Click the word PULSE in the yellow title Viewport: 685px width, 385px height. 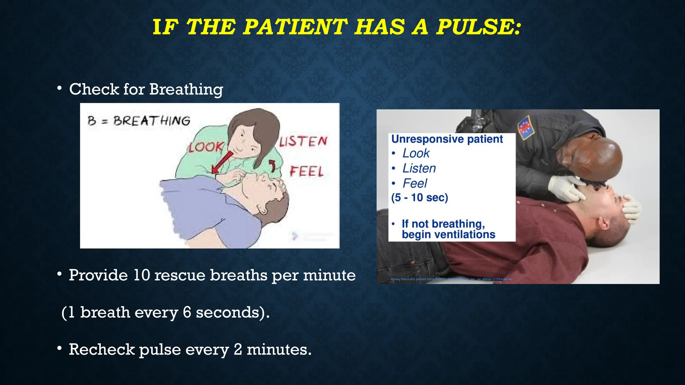click(x=478, y=27)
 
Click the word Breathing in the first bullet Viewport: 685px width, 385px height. click(x=186, y=89)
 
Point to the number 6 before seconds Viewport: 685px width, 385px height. click(x=187, y=312)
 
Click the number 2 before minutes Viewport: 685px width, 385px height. click(x=238, y=349)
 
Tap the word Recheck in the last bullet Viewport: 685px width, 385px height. click(x=101, y=349)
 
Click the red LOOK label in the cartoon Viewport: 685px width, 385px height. click(x=205, y=147)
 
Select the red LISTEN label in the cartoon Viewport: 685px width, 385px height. click(x=303, y=141)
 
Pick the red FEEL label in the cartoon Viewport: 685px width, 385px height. click(x=306, y=171)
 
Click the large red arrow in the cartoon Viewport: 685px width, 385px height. click(x=222, y=162)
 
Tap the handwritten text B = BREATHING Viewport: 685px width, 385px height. click(x=139, y=121)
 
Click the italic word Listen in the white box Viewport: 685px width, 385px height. click(x=419, y=168)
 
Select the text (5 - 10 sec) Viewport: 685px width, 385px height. click(x=419, y=198)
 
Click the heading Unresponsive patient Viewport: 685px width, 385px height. click(x=447, y=139)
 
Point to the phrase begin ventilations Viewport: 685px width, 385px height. click(x=448, y=235)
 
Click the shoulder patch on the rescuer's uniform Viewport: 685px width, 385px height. click(x=526, y=127)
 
